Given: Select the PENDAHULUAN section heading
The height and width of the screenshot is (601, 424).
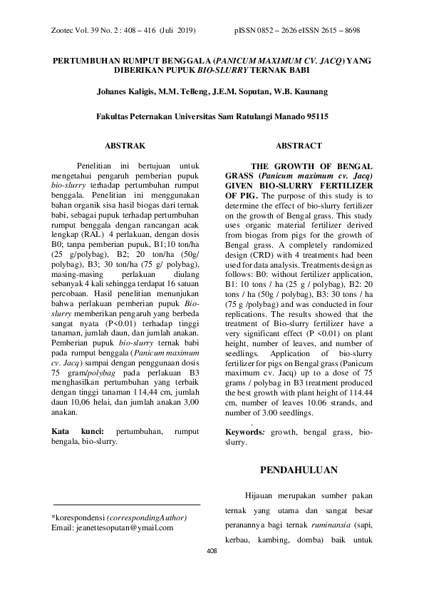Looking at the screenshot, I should tap(299, 470).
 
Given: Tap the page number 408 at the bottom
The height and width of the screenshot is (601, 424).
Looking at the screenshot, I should tap(212, 551).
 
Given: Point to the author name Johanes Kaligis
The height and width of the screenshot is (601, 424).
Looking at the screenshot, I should tap(123, 92).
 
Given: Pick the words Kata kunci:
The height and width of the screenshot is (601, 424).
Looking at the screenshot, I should tap(78, 431).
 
